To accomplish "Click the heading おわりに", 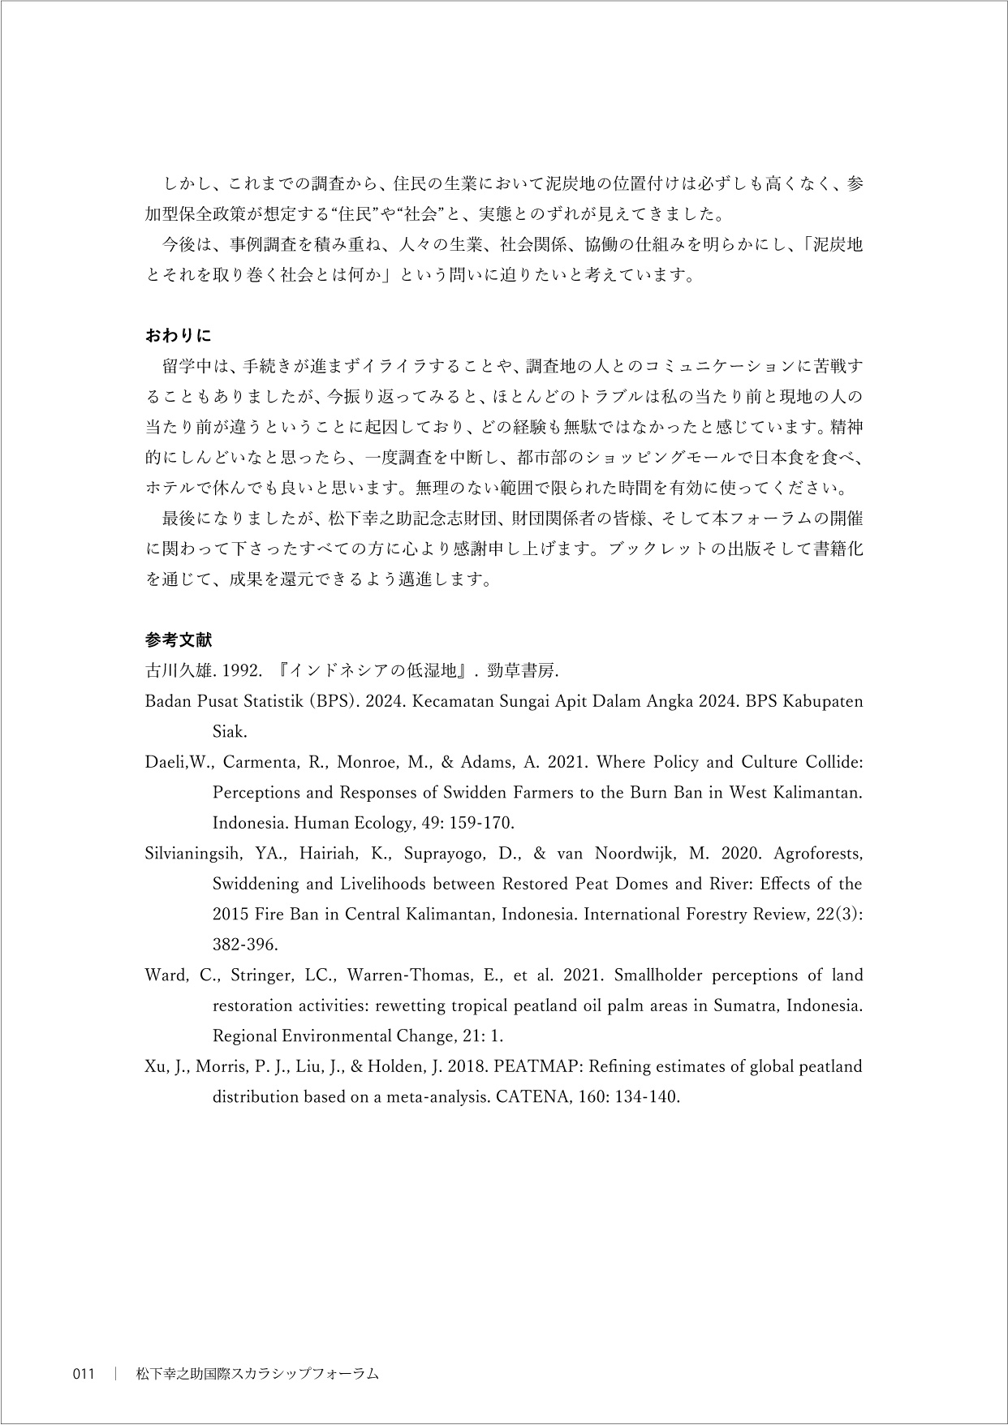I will [178, 334].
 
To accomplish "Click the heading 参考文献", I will [178, 639].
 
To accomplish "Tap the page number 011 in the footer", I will [84, 1374].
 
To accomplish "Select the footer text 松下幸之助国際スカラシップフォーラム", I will [257, 1374].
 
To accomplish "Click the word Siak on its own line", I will [229, 732].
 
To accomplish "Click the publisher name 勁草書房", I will [523, 671].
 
